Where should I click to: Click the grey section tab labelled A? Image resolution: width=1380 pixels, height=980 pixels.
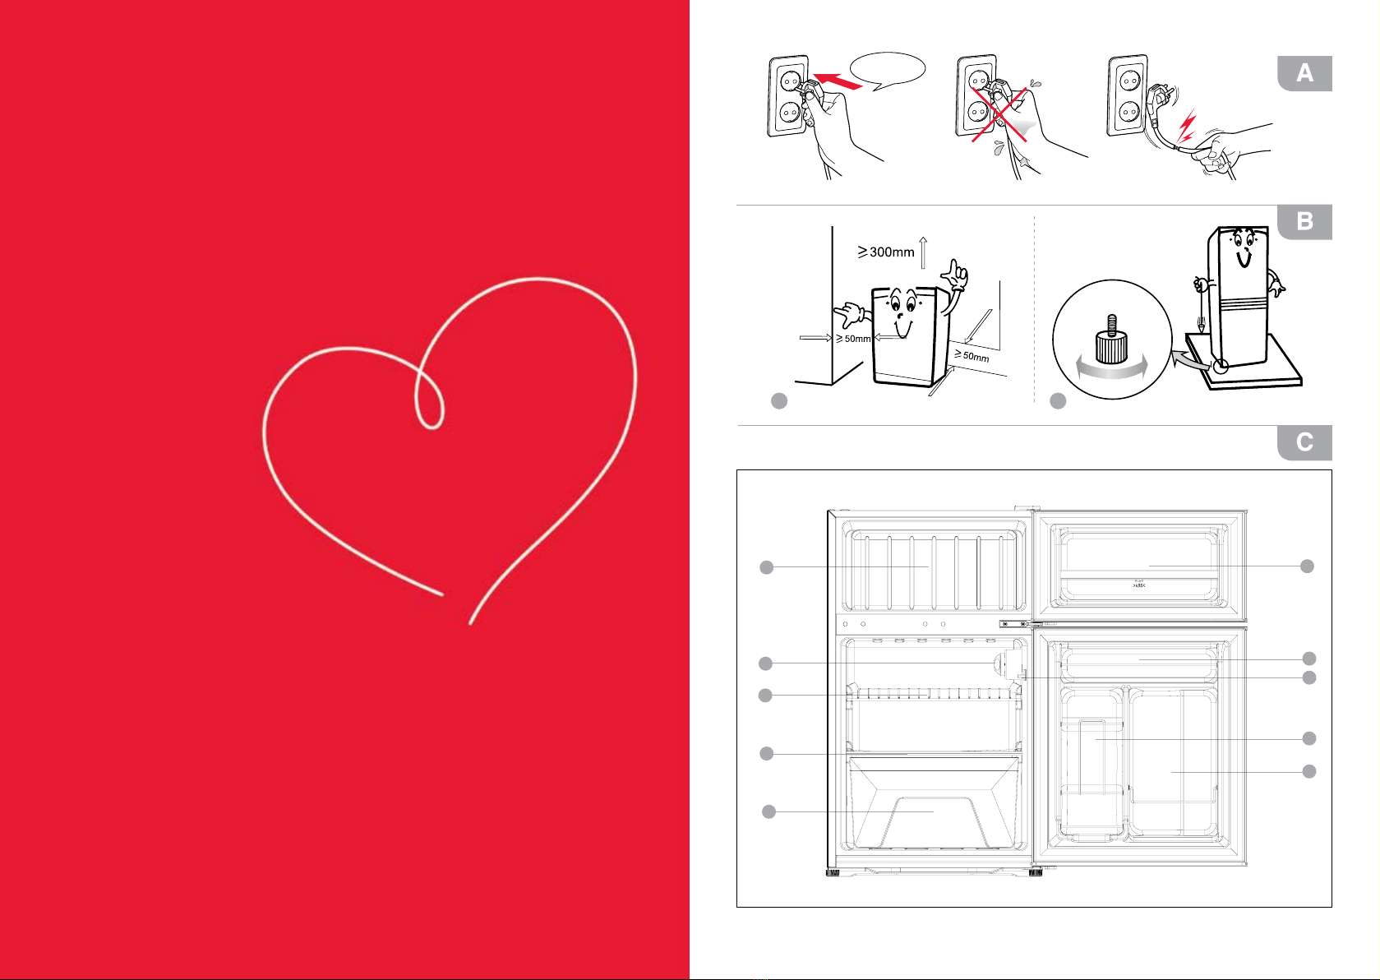point(1304,74)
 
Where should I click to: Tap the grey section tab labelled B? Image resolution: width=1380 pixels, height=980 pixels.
point(1304,222)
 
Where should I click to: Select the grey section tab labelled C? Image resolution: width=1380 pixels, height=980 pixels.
point(1304,443)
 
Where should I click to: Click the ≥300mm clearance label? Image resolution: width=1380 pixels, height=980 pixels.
point(887,252)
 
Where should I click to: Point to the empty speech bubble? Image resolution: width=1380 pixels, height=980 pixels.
point(888,69)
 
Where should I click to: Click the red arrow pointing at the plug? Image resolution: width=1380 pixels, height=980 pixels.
point(838,81)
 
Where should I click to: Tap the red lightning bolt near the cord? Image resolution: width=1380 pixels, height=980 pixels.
point(1187,127)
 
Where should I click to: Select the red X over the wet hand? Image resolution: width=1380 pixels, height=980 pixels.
point(1000,115)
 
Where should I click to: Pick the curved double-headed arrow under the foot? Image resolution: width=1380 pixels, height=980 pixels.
point(1111,372)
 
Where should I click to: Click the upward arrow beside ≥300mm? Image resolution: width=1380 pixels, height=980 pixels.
point(924,252)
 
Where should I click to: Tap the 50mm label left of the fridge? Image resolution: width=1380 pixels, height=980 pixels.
point(854,339)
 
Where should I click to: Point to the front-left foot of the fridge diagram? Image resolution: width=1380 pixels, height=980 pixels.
point(833,871)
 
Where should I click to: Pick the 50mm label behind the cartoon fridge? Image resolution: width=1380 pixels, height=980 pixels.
point(973,355)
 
